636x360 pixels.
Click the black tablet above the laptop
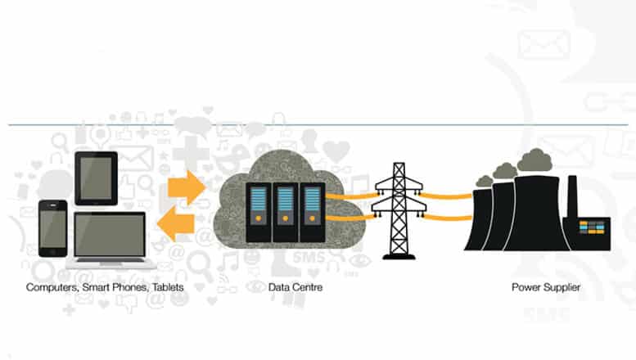point(97,178)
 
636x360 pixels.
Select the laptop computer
point(110,240)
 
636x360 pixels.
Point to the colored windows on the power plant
point(593,225)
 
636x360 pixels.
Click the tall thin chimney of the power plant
point(572,200)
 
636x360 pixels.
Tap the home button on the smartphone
point(53,250)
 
